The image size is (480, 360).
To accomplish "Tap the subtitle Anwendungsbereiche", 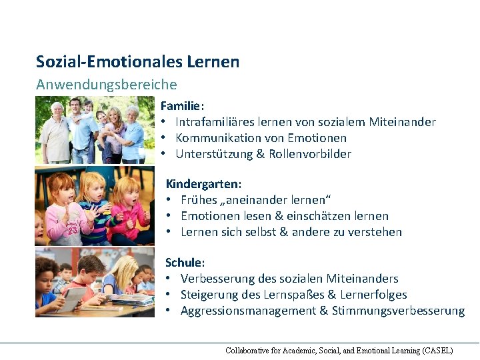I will [x=107, y=85].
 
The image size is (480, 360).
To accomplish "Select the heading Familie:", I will [x=182, y=106].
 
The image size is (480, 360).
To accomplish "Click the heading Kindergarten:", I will [x=203, y=183].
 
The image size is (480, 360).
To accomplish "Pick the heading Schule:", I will [x=184, y=263].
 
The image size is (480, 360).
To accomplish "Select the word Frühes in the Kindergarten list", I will [x=199, y=200].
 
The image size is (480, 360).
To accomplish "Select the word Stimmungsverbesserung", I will [x=398, y=311].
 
